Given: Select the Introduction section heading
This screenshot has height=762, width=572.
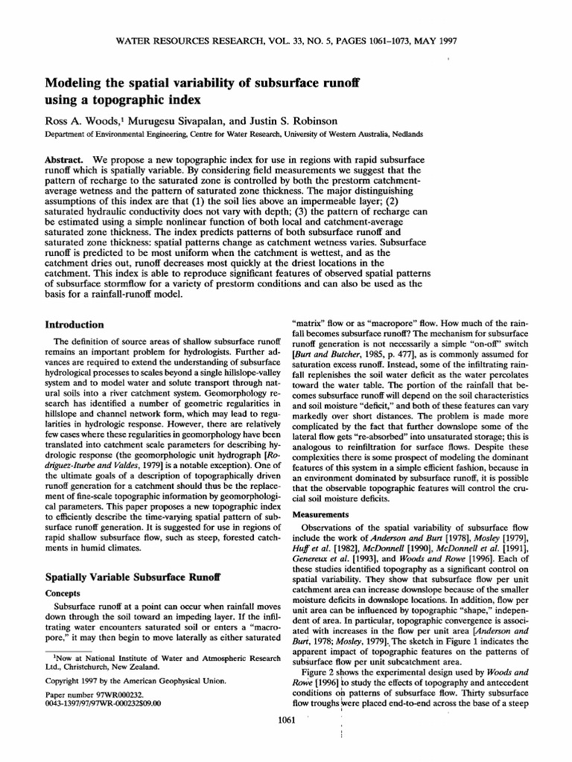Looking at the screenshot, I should tap(74, 324).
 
